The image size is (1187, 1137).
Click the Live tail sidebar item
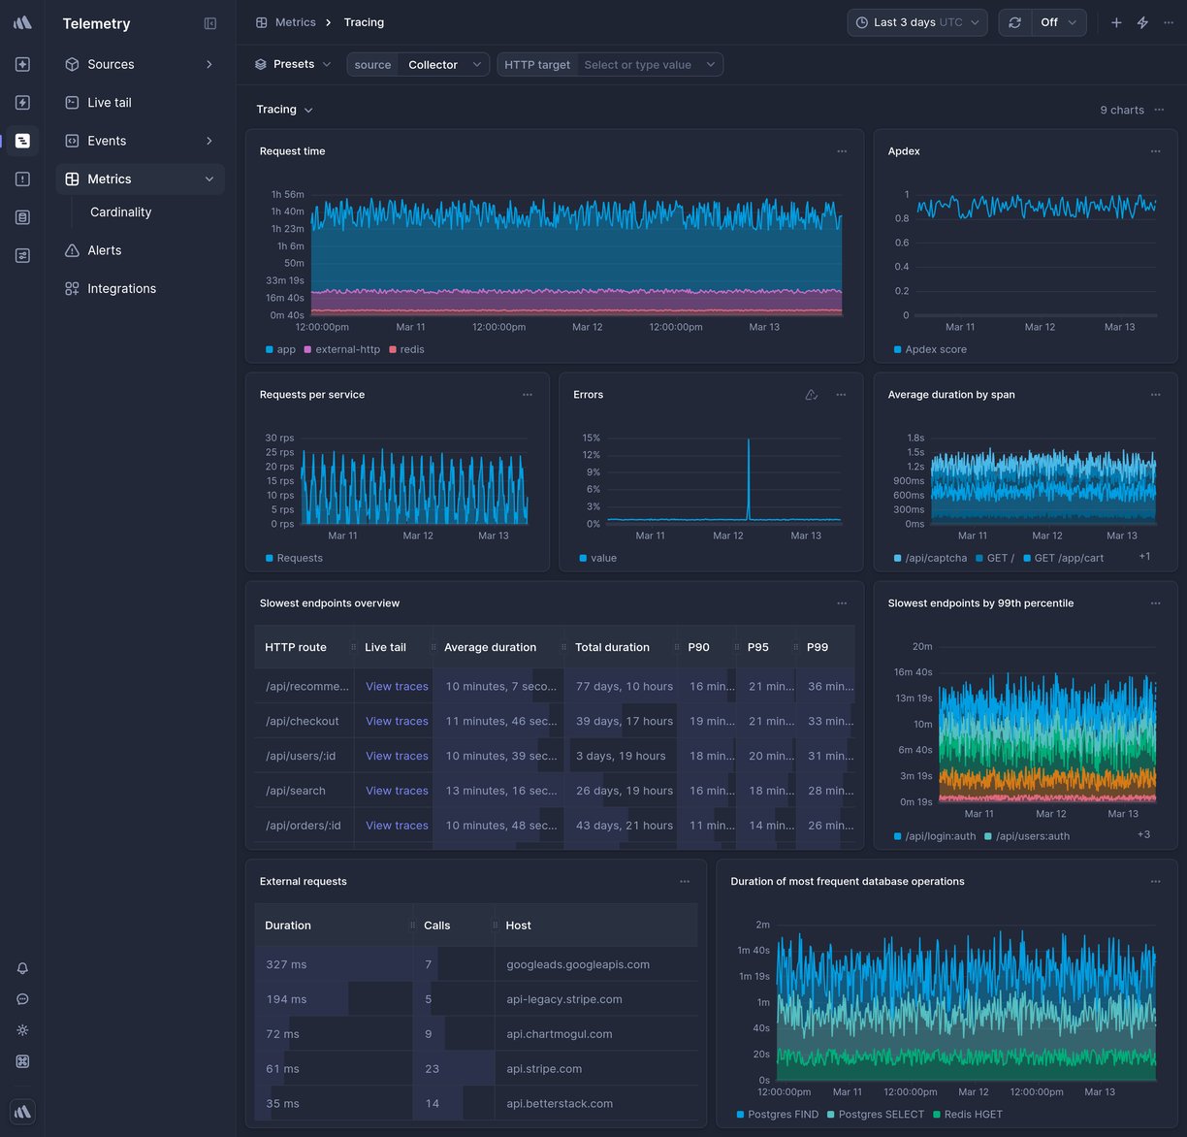[109, 102]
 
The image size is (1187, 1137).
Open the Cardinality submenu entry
[120, 211]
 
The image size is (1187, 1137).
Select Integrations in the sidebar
[121, 288]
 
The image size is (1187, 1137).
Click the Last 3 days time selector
[916, 22]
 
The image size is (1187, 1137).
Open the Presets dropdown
[293, 64]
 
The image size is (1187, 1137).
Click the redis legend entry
[411, 349]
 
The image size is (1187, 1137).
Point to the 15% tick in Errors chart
[591, 438]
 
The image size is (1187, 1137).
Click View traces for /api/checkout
[397, 721]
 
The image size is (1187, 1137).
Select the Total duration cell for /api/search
[623, 791]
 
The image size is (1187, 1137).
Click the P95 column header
[757, 647]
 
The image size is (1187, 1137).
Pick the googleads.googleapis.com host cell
[577, 964]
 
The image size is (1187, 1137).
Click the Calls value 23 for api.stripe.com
[432, 1068]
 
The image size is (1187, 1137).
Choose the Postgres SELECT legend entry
[881, 1115]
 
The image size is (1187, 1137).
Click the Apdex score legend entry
[935, 349]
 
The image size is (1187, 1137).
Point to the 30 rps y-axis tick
[279, 438]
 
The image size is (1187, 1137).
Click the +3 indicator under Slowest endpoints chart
[1143, 834]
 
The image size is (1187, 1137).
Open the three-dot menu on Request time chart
[842, 151]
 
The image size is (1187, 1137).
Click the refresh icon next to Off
[1014, 22]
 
